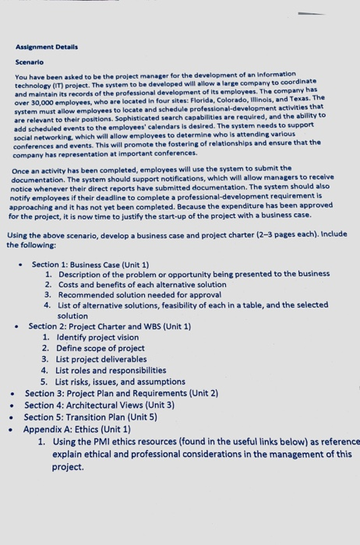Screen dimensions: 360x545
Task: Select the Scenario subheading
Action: (30, 61)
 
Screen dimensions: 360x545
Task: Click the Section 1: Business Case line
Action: (90, 265)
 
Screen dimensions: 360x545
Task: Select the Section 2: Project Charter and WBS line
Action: (110, 326)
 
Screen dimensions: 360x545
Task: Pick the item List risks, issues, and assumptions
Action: (121, 381)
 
